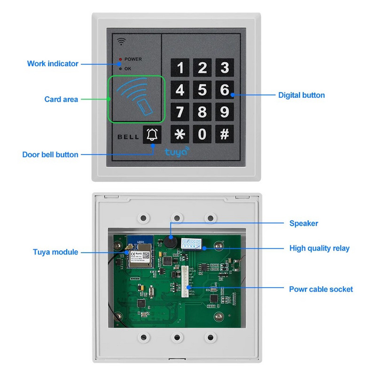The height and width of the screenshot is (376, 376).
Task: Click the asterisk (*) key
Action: pyautogui.click(x=180, y=134)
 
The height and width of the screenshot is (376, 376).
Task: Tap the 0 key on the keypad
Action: pyautogui.click(x=202, y=134)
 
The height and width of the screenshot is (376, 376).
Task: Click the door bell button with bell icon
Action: pyautogui.click(x=152, y=135)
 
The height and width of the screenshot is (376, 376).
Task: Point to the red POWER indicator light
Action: pyautogui.click(x=120, y=60)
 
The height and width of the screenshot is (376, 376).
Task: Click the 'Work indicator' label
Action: pyautogui.click(x=53, y=63)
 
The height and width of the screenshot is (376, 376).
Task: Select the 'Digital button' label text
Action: pyautogui.click(x=301, y=95)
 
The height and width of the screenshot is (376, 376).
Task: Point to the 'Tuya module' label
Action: pyautogui.click(x=55, y=252)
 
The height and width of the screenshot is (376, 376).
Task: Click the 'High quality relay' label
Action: pyautogui.click(x=319, y=248)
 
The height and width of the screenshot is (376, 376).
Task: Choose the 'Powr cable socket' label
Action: pyautogui.click(x=321, y=289)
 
